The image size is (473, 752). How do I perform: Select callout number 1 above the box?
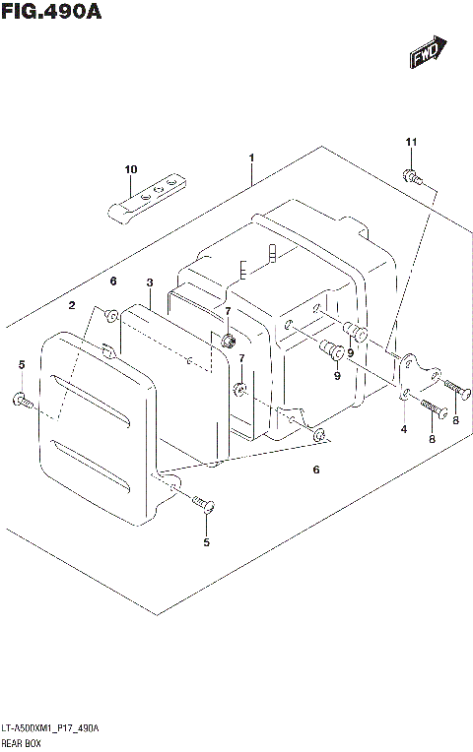pos(252,157)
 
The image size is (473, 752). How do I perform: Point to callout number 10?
pos(130,170)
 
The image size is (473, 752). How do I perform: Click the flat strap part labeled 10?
pos(144,197)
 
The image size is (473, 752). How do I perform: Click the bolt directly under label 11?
pos(411,178)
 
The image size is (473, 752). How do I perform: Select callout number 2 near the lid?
pos(72,306)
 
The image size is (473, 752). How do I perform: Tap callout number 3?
pos(149,282)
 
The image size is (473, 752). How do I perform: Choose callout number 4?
pos(403,429)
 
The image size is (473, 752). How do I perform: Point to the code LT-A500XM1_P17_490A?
pos(50,725)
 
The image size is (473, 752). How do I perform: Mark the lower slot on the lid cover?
pos(91,467)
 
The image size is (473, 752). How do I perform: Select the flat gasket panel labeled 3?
pos(163,384)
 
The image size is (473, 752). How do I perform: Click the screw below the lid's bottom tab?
pos(204,506)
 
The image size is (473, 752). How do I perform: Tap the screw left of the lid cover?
pos(22,400)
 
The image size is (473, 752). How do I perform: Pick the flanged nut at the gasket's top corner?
pos(229,341)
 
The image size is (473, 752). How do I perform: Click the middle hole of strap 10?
pos(157,190)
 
